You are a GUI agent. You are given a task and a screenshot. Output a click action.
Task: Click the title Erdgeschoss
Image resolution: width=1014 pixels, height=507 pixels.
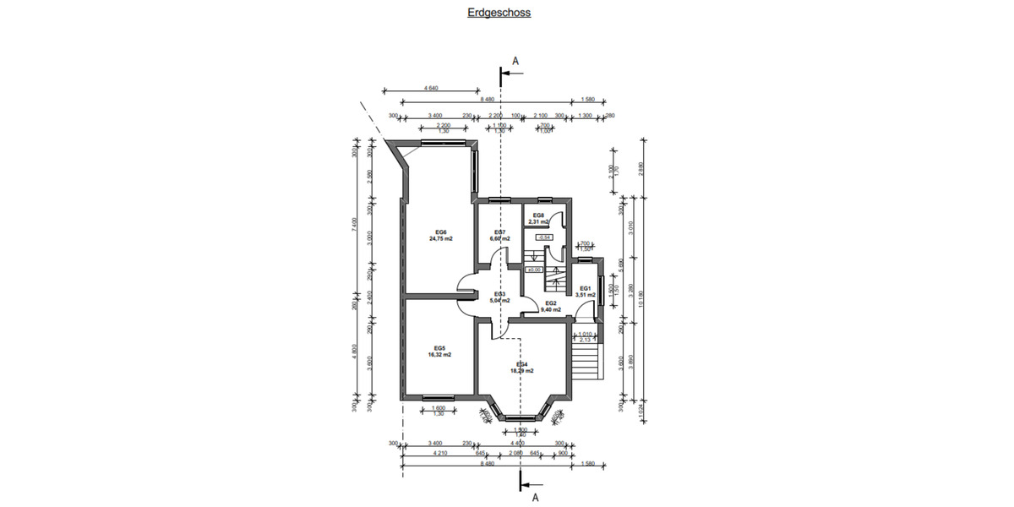pos(499,13)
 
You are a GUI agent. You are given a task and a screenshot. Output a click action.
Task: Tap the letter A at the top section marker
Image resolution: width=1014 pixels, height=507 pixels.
pos(515,60)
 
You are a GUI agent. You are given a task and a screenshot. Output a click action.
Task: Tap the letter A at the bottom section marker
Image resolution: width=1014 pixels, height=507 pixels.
pos(535,498)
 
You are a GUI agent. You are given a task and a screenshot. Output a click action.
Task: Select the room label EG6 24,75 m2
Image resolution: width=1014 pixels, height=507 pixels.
pos(440,236)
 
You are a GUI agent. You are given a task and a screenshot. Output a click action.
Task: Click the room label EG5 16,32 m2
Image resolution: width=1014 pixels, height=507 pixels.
pos(439,352)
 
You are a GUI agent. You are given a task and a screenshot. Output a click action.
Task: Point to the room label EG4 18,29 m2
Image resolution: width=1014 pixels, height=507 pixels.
pos(521,367)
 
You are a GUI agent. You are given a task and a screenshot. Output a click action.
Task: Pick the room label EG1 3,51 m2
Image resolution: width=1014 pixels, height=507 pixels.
pos(586,292)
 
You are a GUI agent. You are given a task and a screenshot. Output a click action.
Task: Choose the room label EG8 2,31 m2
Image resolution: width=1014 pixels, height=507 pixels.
pos(538,219)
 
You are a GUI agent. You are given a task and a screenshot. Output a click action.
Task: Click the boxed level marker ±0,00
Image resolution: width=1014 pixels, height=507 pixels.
pos(534,270)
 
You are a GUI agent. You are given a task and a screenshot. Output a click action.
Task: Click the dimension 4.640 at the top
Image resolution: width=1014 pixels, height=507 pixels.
pos(431,88)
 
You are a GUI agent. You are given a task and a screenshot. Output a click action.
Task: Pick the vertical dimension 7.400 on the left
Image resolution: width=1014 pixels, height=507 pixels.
pos(355,225)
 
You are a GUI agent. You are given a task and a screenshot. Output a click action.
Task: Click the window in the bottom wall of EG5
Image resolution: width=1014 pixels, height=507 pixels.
pos(439,398)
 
